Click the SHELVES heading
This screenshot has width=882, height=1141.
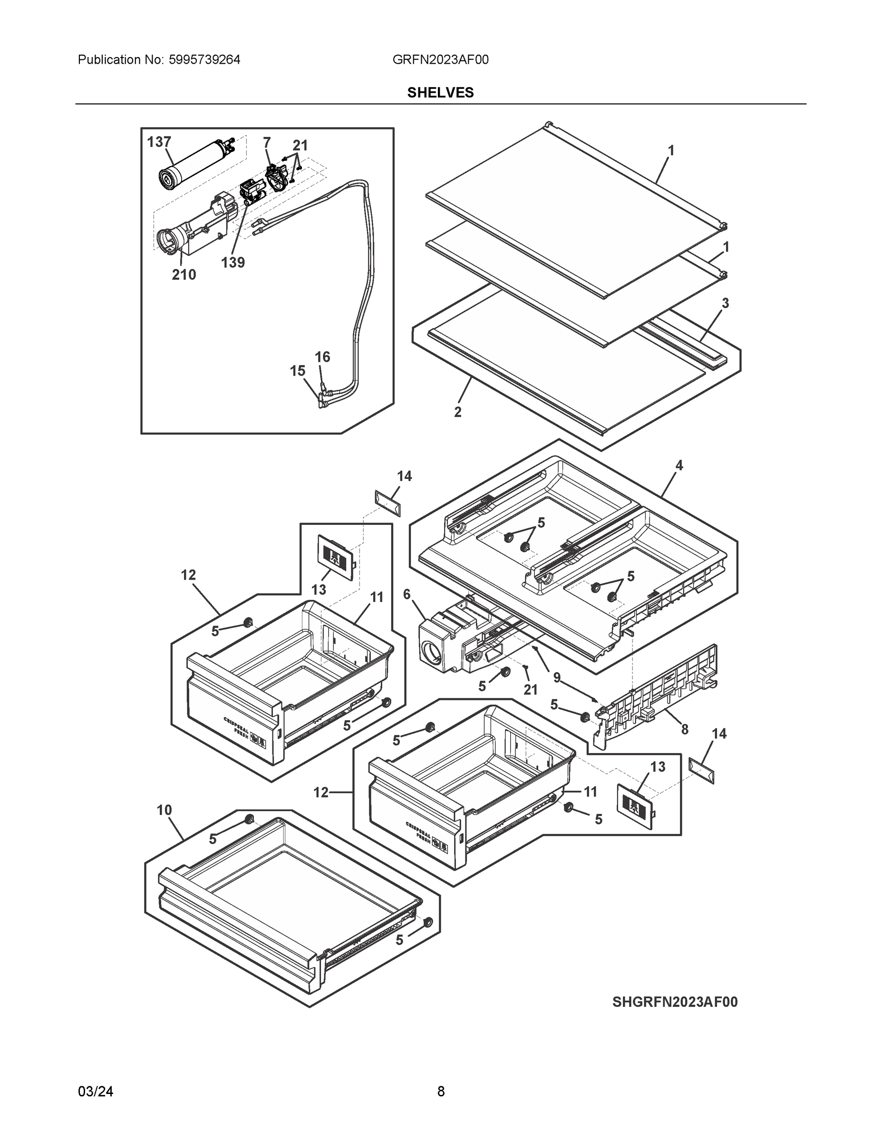point(440,93)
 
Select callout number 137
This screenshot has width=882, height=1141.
point(159,142)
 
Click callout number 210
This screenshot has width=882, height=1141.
point(184,274)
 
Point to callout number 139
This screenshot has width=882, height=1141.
point(233,262)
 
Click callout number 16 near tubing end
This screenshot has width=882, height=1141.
point(322,357)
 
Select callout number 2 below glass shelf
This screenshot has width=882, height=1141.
point(458,412)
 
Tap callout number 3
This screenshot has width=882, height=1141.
point(725,303)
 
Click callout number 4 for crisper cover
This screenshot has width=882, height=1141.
point(679,465)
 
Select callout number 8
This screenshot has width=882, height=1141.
point(685,729)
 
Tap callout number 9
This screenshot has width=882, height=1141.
point(557,677)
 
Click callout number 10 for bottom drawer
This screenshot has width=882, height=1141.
point(164,810)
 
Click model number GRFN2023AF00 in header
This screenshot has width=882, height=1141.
point(440,59)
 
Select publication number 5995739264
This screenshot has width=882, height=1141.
point(204,59)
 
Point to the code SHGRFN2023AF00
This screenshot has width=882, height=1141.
point(675,1002)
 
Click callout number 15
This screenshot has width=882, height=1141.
point(297,371)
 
